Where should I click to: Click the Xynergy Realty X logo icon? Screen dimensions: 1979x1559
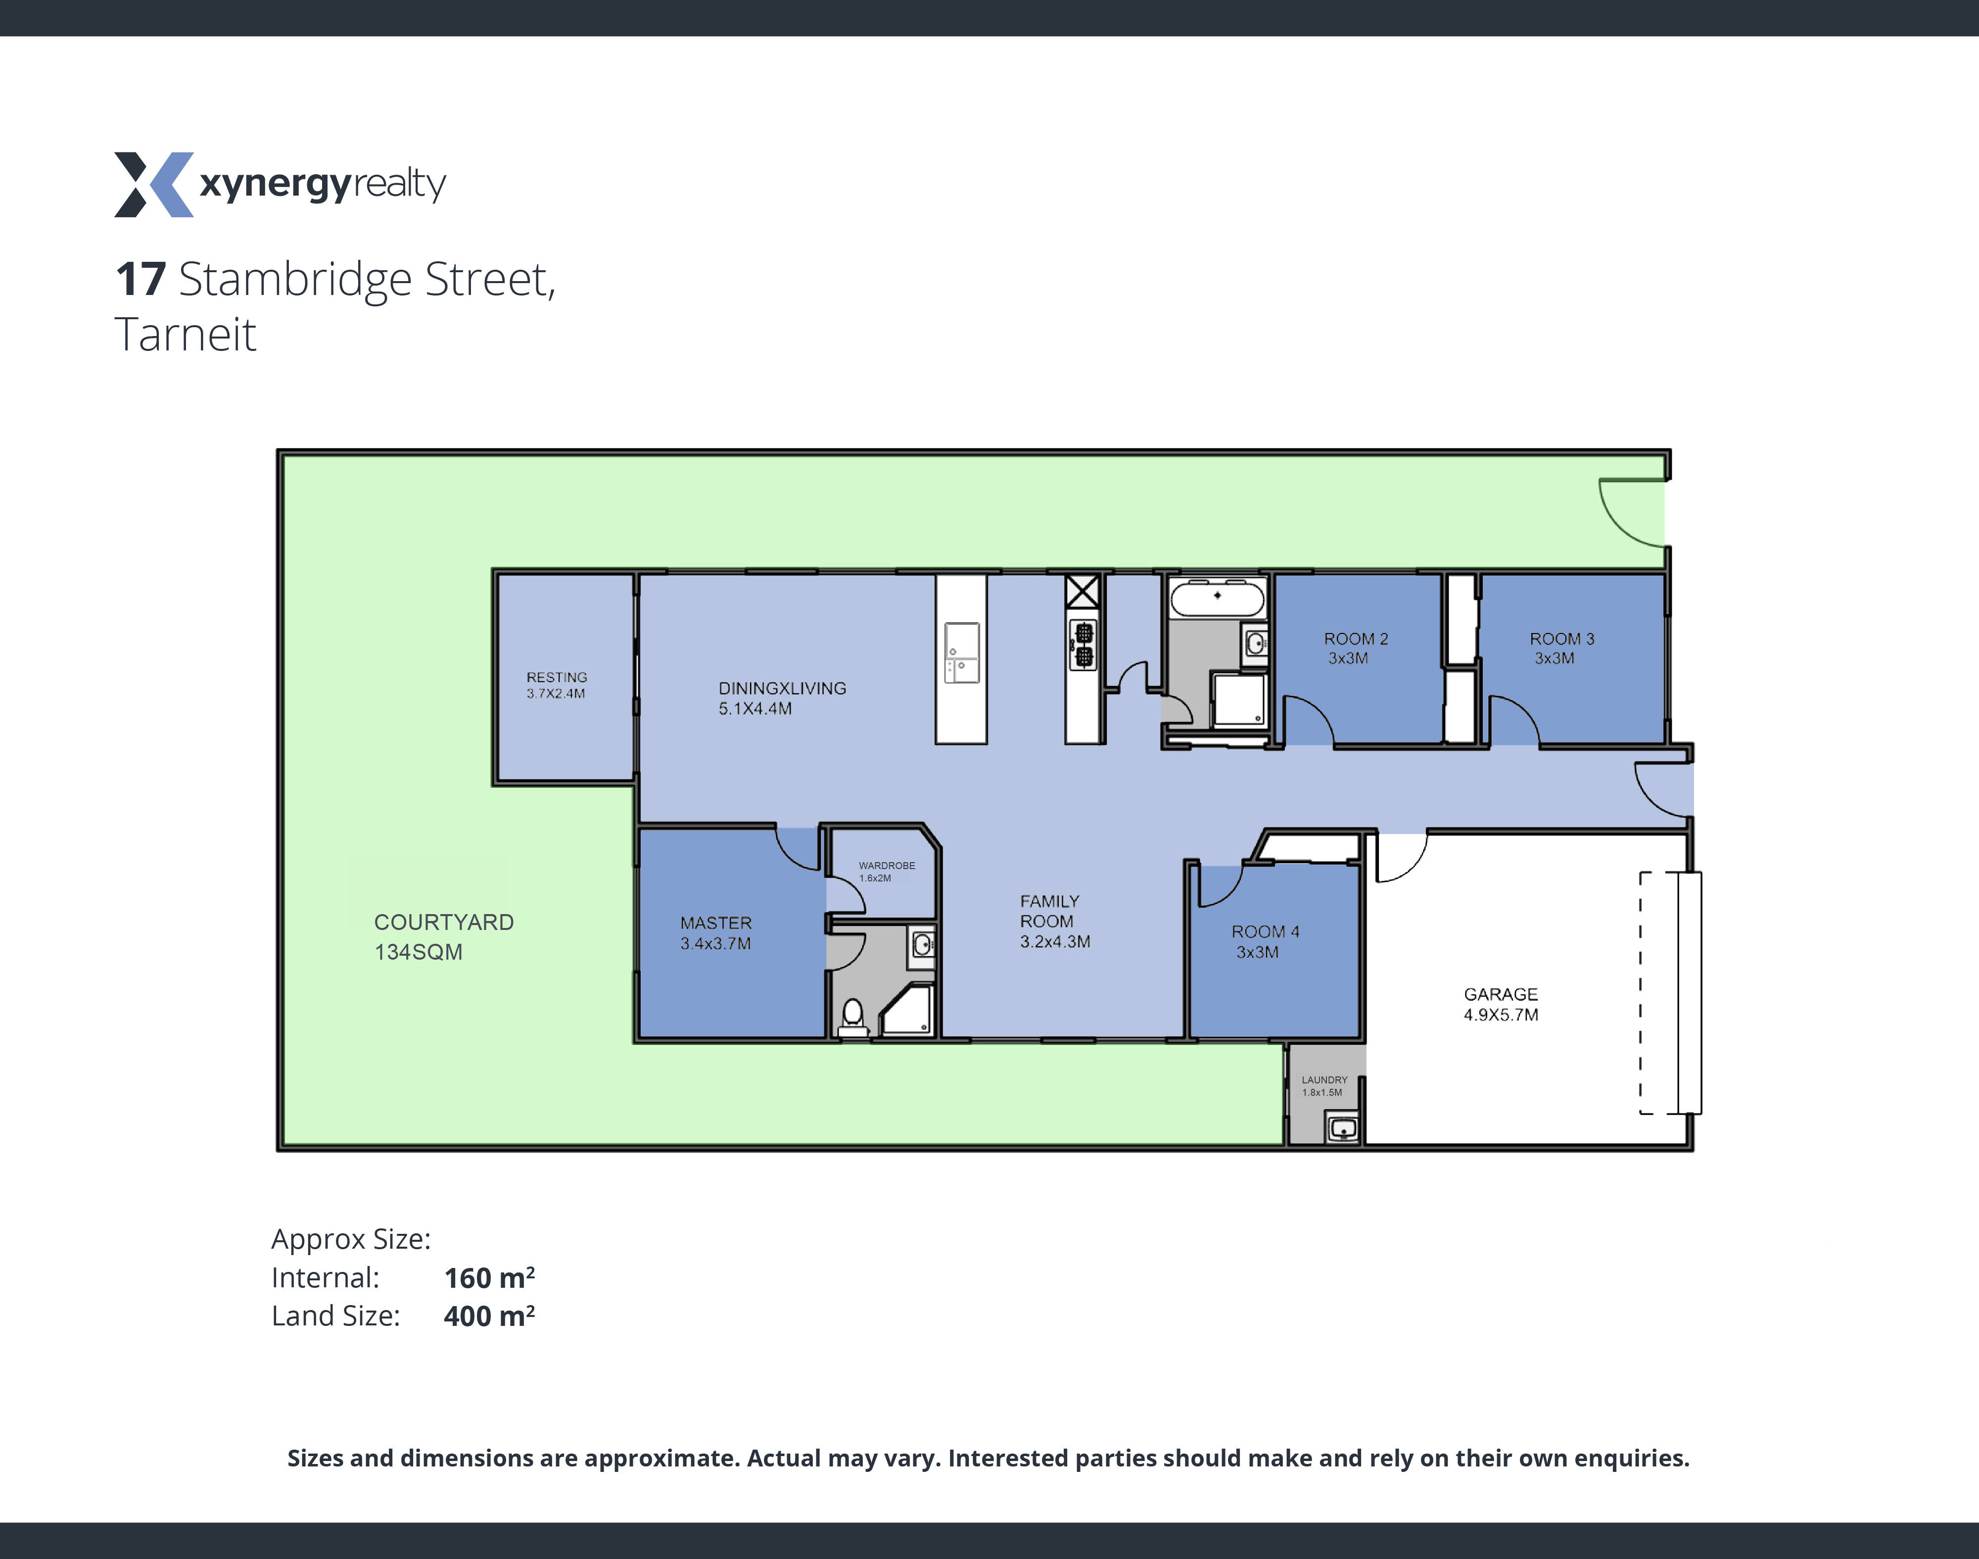pos(153,185)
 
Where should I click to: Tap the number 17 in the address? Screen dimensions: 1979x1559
pos(141,279)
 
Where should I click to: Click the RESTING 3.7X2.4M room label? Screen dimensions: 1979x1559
pos(557,684)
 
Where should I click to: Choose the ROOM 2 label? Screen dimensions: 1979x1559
pos(1356,648)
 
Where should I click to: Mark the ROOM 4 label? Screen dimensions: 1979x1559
pos(1265,941)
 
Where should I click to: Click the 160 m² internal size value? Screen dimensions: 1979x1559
pos(489,1278)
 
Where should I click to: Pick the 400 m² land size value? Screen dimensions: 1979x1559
pos(489,1316)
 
